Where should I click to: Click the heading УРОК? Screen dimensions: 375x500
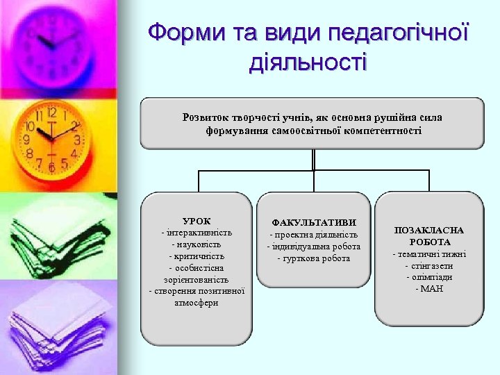tap(197, 221)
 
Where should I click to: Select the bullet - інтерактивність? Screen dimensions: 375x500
tap(197, 233)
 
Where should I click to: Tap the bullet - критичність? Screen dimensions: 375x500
tap(197, 256)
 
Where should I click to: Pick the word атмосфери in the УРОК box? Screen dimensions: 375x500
tap(197, 303)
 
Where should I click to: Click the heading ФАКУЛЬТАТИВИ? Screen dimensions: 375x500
tap(314, 222)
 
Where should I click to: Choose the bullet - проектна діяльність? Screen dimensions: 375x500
tap(314, 235)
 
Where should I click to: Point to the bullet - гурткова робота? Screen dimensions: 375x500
tap(314, 258)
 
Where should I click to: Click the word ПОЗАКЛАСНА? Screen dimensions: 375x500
tap(429, 230)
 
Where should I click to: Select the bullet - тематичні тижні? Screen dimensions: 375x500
tap(429, 253)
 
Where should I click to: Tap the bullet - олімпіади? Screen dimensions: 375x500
tap(429, 276)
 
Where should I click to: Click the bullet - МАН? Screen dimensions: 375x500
tap(429, 288)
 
